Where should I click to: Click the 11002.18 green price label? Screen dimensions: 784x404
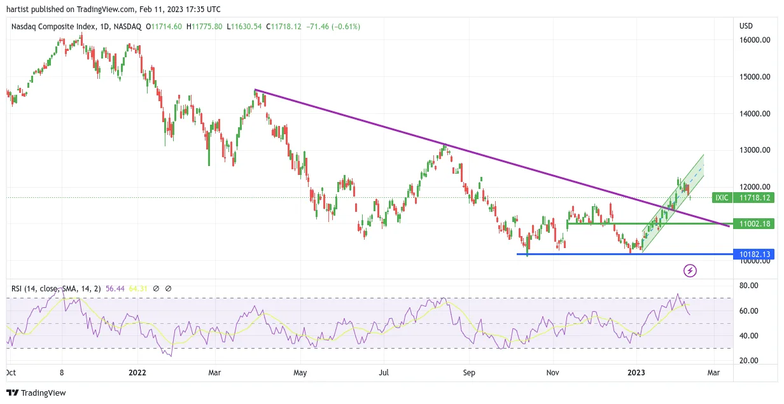click(753, 224)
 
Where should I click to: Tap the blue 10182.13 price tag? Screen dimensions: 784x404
click(753, 254)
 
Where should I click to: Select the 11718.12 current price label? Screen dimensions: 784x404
click(753, 198)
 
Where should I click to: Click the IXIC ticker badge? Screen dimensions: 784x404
click(722, 198)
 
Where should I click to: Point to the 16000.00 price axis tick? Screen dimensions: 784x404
click(755, 40)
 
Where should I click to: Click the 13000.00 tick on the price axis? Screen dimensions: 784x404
click(755, 150)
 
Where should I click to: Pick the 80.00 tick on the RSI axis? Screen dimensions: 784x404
click(748, 286)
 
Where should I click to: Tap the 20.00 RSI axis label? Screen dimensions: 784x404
click(748, 360)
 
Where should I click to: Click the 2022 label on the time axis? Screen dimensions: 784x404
click(137, 373)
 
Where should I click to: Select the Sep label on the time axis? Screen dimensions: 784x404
click(469, 373)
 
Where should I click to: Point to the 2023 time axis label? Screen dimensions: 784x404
click(636, 373)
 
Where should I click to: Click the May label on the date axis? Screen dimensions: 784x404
click(300, 373)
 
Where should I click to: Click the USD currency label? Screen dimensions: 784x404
click(746, 26)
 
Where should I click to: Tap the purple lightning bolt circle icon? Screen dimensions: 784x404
click(690, 271)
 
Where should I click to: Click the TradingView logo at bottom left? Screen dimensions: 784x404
click(36, 393)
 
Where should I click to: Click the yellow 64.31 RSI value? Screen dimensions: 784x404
click(138, 289)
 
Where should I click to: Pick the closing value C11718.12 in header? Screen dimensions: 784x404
click(284, 27)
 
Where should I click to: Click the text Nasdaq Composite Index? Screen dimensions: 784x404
click(53, 27)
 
